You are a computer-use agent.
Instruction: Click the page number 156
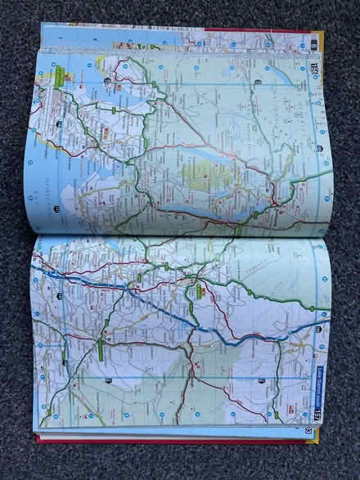coord(314,68)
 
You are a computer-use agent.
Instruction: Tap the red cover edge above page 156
coord(245,30)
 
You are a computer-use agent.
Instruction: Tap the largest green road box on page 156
coord(60,78)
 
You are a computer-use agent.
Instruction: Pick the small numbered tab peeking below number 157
coord(308,430)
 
